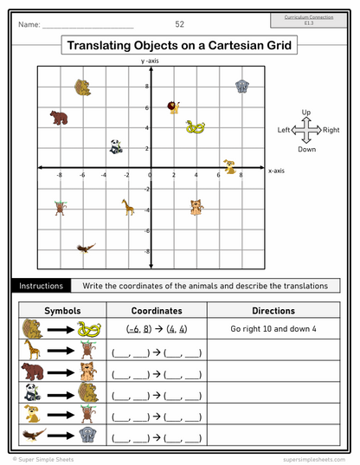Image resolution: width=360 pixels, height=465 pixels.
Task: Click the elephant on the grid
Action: coord(243,86)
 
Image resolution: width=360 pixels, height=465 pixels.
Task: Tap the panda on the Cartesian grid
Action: coord(116,146)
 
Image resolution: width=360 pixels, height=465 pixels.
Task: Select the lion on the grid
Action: coord(174,107)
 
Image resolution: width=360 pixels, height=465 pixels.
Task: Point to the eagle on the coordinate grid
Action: coord(85,249)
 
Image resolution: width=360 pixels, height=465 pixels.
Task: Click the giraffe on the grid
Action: coord(127,206)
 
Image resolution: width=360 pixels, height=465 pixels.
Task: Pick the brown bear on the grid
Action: coord(59,117)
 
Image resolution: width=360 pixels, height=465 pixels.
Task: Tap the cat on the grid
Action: coord(196,206)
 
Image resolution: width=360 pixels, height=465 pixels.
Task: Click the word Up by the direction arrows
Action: coord(305,113)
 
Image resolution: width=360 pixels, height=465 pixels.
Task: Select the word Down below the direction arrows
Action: coord(306,149)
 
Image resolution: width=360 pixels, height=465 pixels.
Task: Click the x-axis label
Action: coord(276,171)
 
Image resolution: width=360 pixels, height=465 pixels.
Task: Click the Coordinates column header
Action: coord(157,310)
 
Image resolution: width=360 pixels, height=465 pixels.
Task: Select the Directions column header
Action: coord(273,310)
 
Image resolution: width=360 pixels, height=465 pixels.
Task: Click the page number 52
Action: coord(179,24)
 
